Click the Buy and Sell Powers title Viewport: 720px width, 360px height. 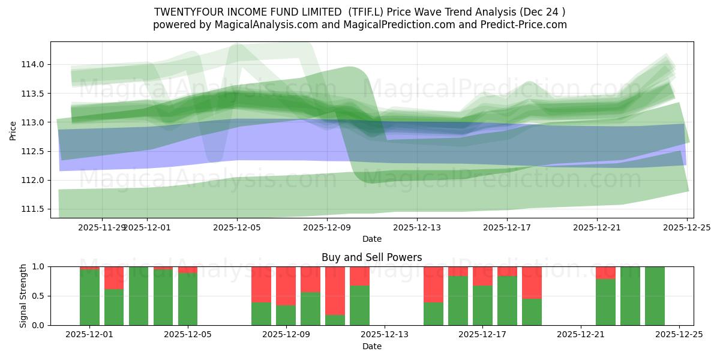pyautogui.click(x=371, y=257)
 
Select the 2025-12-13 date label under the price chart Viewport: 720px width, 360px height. pyautogui.click(x=417, y=227)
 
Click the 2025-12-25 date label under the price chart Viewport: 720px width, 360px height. pyautogui.click(x=687, y=227)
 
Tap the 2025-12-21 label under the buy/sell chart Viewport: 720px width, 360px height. pyautogui.click(x=581, y=335)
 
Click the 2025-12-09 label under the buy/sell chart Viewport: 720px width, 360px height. pyautogui.click(x=286, y=335)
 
